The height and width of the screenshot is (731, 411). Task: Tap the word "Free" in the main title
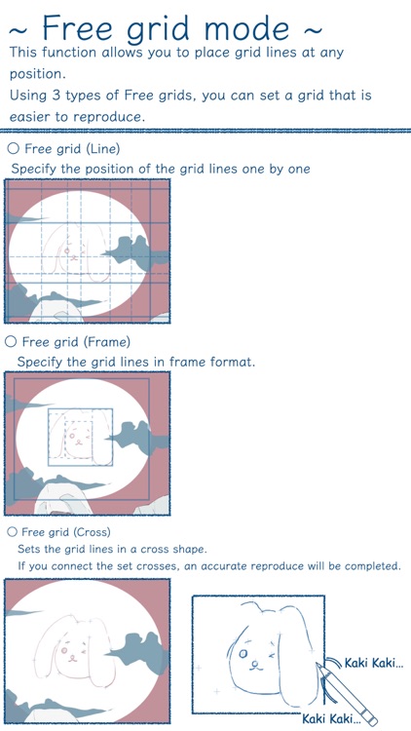point(74,27)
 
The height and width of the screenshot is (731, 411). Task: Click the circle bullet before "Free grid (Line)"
point(14,149)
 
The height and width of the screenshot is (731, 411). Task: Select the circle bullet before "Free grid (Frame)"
point(11,342)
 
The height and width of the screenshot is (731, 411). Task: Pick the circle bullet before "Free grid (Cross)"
point(12,532)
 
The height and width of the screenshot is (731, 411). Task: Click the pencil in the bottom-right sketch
point(346,694)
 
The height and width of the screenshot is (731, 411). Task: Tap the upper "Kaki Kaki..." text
point(374,663)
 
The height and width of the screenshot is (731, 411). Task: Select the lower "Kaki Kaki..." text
point(332,718)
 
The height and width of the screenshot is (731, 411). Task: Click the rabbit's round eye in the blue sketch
point(243,654)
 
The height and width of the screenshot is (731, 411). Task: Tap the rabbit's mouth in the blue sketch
point(254,665)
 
